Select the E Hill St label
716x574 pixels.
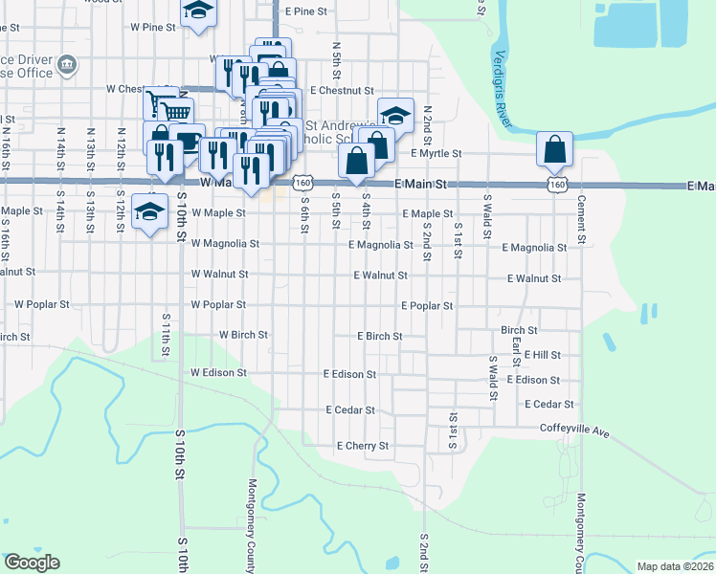pos(542,355)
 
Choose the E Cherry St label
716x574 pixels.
pos(363,446)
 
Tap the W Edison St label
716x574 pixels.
pos(218,372)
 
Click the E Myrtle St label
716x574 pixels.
pos(436,153)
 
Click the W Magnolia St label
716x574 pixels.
pos(225,244)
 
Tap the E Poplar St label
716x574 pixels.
pos(426,307)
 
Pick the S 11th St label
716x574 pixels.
pos(166,334)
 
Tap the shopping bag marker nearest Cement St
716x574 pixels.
pos(554,150)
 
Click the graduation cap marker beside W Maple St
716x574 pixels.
pos(149,214)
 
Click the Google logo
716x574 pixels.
pos(32,562)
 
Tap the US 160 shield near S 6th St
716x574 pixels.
pos(303,183)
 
